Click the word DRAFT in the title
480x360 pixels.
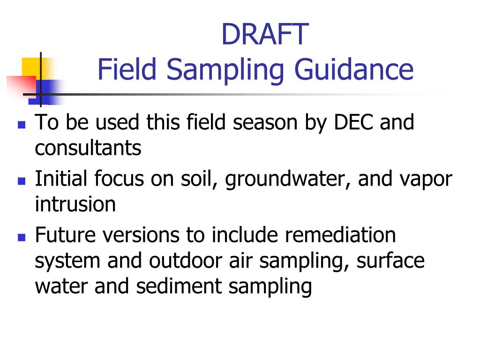pyautogui.click(x=265, y=34)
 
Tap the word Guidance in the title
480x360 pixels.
pyautogui.click(x=354, y=69)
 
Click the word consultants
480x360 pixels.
pyautogui.click(x=88, y=149)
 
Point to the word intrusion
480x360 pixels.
pyautogui.click(x=75, y=205)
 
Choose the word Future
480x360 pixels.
pyautogui.click(x=65, y=235)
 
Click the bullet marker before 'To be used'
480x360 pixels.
pyautogui.click(x=21, y=125)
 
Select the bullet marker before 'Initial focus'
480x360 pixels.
pyautogui.click(x=21, y=181)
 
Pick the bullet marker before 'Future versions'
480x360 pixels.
pyautogui.click(x=21, y=237)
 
